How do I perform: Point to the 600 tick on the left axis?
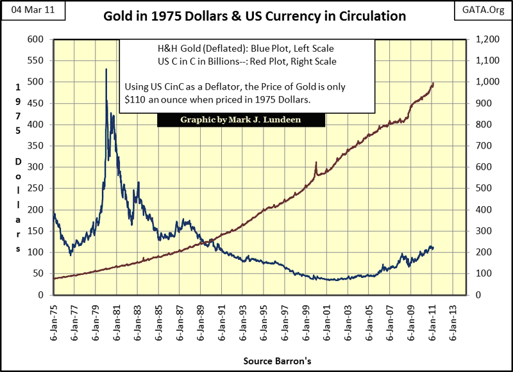[35, 40]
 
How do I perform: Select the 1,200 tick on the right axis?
[481, 40]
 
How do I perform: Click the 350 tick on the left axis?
[35, 146]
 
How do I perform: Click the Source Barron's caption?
[278, 361]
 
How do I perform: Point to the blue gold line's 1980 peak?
[106, 69]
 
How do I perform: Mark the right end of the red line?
[433, 83]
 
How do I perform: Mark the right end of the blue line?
[433, 248]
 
